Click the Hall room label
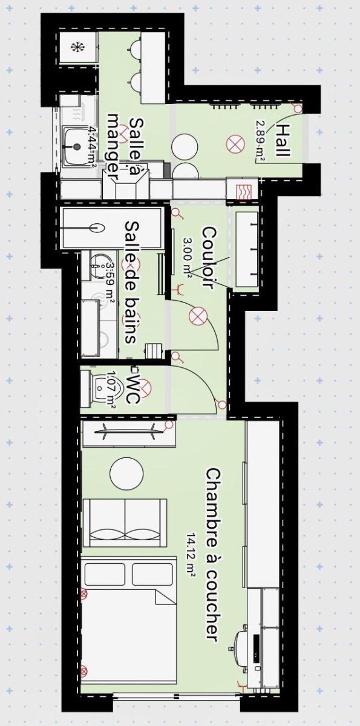pos(281,140)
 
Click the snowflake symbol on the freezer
pos(77,48)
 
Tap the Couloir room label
pos(208,258)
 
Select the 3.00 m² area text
pos(188,257)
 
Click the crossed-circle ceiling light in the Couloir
pos(197,316)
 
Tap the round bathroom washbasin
pos(97,262)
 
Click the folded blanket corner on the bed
pos(164,595)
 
